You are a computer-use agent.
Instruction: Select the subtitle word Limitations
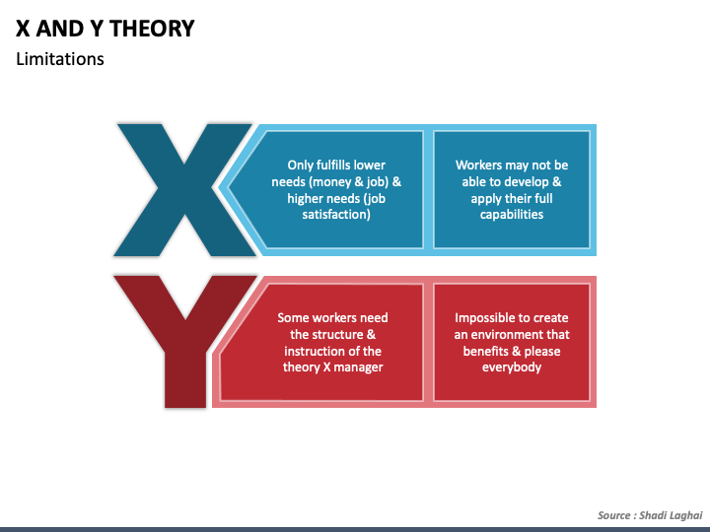pyautogui.click(x=60, y=59)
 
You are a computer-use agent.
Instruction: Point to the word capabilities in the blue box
pyautogui.click(x=512, y=215)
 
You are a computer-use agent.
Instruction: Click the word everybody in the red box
pyautogui.click(x=512, y=367)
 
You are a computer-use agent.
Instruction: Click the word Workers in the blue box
pyautogui.click(x=478, y=166)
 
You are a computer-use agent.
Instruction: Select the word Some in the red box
pyautogui.click(x=293, y=317)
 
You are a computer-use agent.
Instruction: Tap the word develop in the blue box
pyautogui.click(x=524, y=182)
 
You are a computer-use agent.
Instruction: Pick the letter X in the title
pyautogui.click(x=25, y=28)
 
